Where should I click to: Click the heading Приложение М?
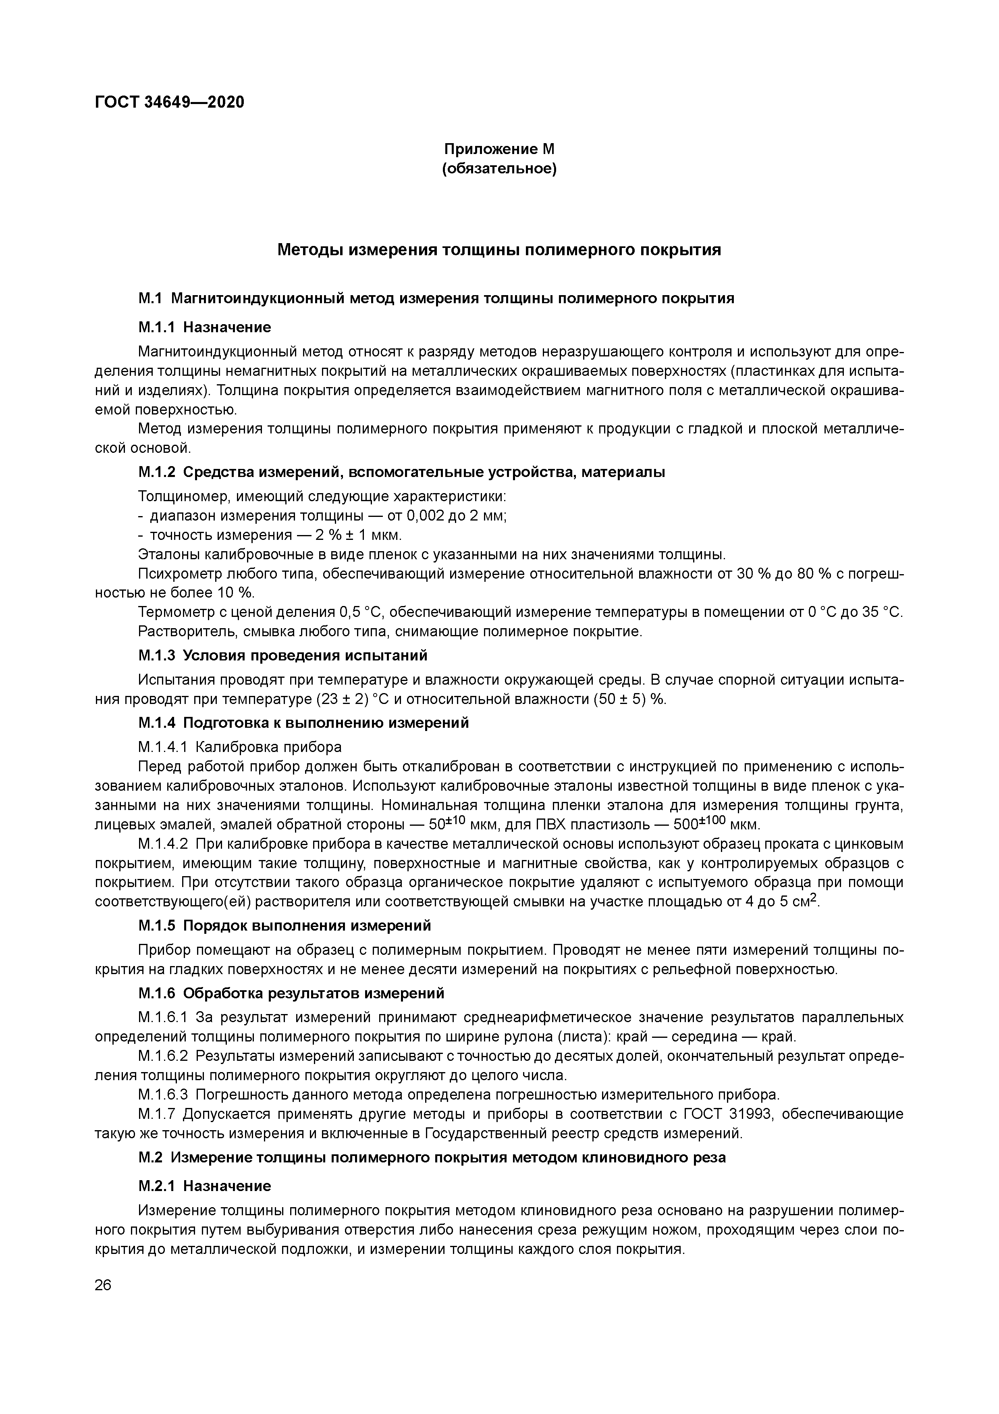[499, 149]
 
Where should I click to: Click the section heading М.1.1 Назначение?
[204, 327]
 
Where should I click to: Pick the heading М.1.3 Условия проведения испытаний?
[282, 655]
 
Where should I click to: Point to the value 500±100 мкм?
[717, 824]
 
